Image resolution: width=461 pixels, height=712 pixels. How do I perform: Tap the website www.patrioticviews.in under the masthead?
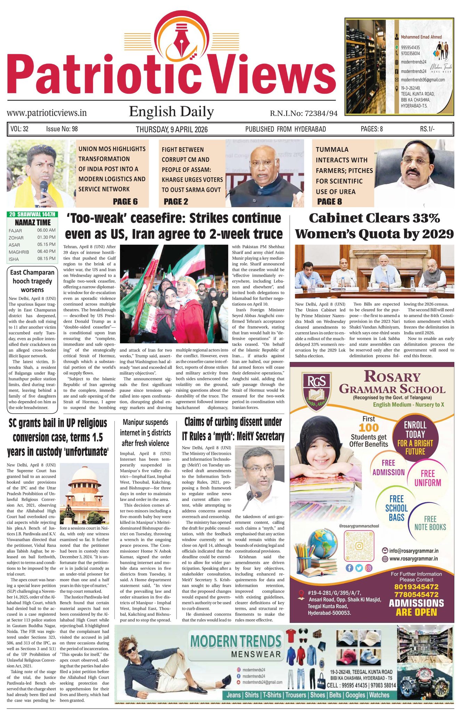point(47,113)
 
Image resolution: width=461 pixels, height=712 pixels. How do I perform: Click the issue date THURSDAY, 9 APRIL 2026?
point(171,129)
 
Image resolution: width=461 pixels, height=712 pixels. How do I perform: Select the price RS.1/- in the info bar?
point(427,129)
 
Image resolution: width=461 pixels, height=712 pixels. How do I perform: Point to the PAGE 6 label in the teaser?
point(125,202)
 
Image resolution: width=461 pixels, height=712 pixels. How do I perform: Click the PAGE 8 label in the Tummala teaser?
point(329,201)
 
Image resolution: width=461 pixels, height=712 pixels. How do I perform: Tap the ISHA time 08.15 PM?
point(46,259)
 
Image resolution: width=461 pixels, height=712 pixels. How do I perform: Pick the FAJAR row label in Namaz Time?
point(15,230)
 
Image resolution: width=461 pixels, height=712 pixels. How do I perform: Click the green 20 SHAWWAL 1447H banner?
point(32,215)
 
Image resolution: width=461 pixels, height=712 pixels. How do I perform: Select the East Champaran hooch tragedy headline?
point(32,281)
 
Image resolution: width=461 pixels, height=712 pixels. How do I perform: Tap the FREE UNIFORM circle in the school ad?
point(428,478)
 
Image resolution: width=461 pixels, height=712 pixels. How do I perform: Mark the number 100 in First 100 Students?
point(369,428)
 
